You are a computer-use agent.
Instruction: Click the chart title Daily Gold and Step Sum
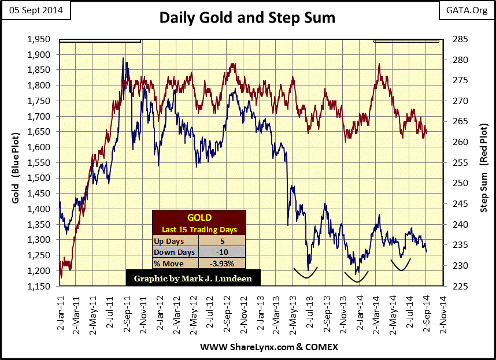tap(247, 19)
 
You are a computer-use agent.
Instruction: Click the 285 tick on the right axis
tap(453, 39)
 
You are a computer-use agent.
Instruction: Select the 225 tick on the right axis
tap(453, 286)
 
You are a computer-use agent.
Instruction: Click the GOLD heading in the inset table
tap(199, 218)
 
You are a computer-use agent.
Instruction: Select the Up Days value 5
tap(222, 241)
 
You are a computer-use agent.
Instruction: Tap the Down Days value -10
tap(222, 252)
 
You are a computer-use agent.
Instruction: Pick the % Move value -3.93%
tap(222, 263)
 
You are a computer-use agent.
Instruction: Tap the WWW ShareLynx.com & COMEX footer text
tap(269, 347)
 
